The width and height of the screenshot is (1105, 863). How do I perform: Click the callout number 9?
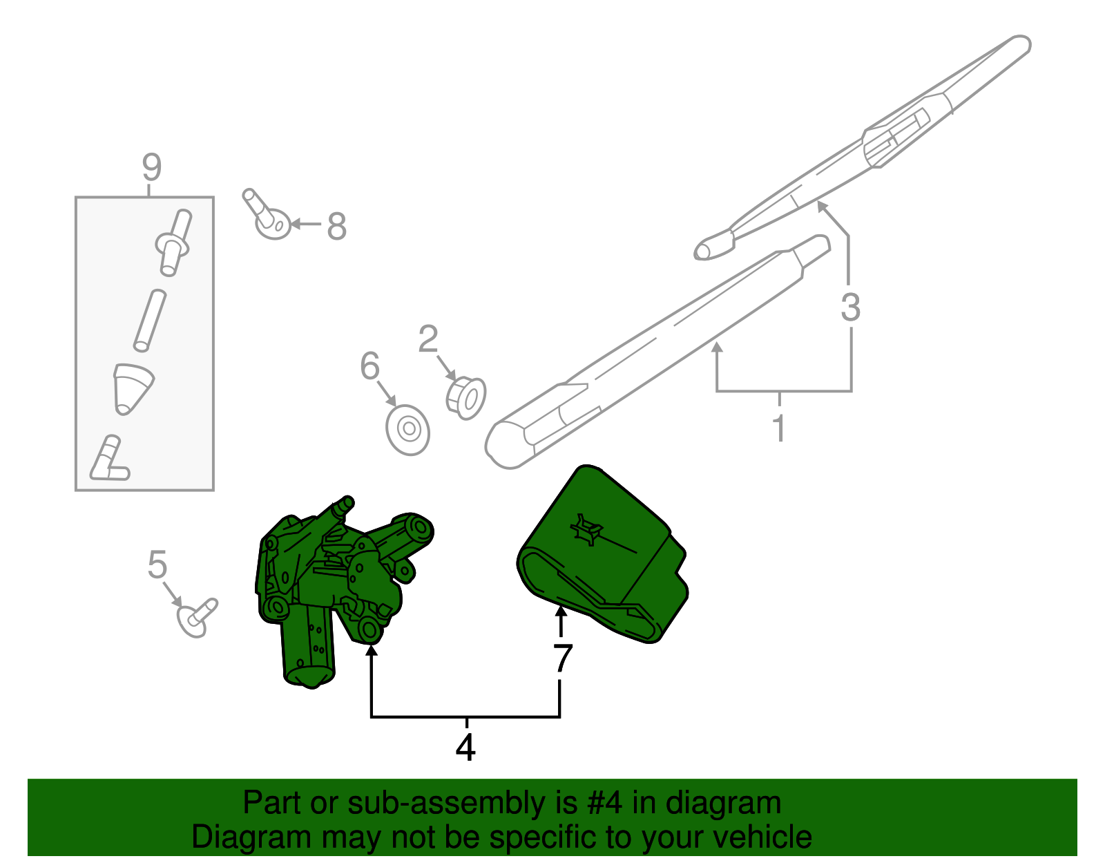[151, 168]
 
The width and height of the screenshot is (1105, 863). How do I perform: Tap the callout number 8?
[336, 226]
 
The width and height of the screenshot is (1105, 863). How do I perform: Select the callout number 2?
[428, 339]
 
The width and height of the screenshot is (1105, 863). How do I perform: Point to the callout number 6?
[370, 366]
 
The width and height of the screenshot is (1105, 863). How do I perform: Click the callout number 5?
[157, 565]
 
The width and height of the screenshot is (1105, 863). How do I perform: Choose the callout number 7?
[562, 658]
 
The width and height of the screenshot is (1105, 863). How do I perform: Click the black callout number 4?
[465, 747]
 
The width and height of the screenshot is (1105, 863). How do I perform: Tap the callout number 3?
[850, 307]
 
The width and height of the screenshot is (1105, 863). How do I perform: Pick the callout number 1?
[779, 428]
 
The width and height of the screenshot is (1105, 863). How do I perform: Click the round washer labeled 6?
[408, 430]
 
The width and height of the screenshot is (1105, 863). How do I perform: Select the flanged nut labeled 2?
[466, 398]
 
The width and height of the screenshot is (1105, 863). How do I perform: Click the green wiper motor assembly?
[331, 580]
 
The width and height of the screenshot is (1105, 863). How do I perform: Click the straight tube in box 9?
[150, 321]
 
